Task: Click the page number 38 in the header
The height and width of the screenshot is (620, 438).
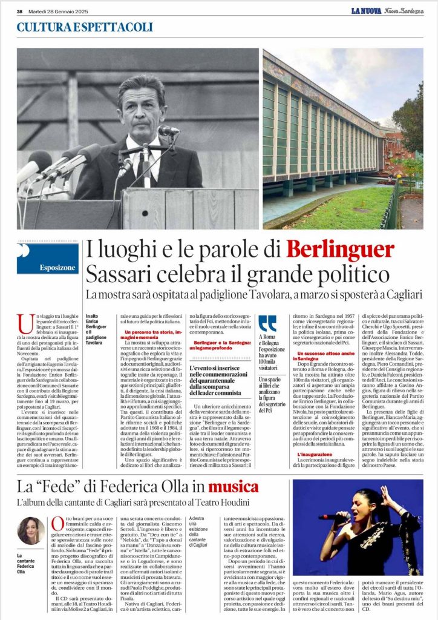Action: [19, 11]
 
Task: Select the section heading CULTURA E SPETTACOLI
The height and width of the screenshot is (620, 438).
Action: [85, 27]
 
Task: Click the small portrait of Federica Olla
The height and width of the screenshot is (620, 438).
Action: [30, 531]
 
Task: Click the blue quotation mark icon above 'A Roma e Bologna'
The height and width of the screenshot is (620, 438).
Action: [267, 323]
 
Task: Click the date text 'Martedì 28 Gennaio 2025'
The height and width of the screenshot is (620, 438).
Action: [56, 11]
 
